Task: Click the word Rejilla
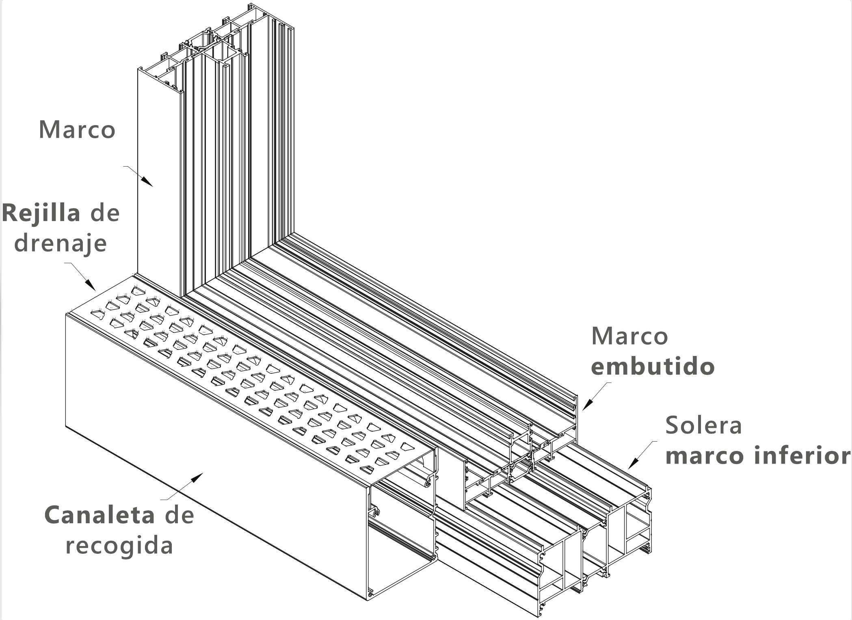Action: pyautogui.click(x=41, y=213)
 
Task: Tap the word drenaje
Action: pyautogui.click(x=61, y=243)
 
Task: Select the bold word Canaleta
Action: pyautogui.click(x=99, y=515)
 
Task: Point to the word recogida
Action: pyautogui.click(x=119, y=546)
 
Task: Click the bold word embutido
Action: pyautogui.click(x=653, y=366)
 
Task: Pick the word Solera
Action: pyautogui.click(x=703, y=425)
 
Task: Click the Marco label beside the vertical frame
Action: pyautogui.click(x=77, y=130)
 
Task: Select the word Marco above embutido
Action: pyautogui.click(x=629, y=336)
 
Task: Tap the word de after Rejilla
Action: pyautogui.click(x=105, y=213)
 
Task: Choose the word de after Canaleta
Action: pyautogui.click(x=179, y=515)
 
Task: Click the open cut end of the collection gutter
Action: pyautogui.click(x=402, y=528)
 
